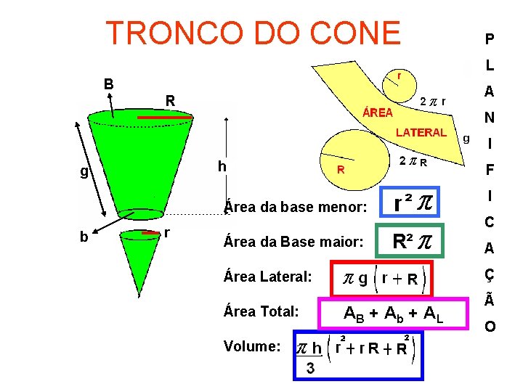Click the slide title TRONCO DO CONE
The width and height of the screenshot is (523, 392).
[x=253, y=33]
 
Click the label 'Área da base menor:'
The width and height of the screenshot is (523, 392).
[x=295, y=207]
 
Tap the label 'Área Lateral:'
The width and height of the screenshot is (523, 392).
[x=269, y=277]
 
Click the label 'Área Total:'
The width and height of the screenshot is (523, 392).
[x=262, y=311]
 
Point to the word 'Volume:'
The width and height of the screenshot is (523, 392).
[x=253, y=346]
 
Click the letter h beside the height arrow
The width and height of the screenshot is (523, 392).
[x=222, y=167]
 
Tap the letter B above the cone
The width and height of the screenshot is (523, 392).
[x=108, y=83]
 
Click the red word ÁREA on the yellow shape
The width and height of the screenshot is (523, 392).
[x=378, y=113]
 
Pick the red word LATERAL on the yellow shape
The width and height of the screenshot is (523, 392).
[x=421, y=132]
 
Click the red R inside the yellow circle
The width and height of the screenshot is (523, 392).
[x=339, y=170]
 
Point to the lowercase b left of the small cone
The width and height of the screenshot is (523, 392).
[x=84, y=237]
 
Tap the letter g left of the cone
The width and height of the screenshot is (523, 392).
[x=84, y=172]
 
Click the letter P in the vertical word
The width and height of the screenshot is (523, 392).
[x=490, y=39]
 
